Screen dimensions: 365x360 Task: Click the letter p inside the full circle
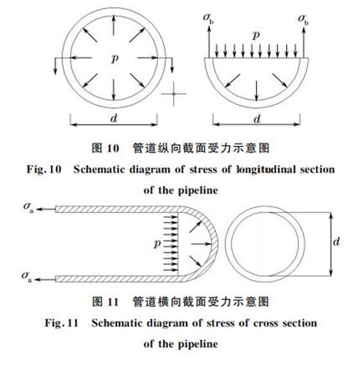click(x=114, y=58)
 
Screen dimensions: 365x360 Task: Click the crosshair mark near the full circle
click(x=174, y=94)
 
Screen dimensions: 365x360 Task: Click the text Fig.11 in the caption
click(x=63, y=324)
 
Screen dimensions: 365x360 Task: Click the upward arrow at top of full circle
click(x=114, y=24)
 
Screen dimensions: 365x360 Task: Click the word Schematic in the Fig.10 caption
click(x=102, y=170)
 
